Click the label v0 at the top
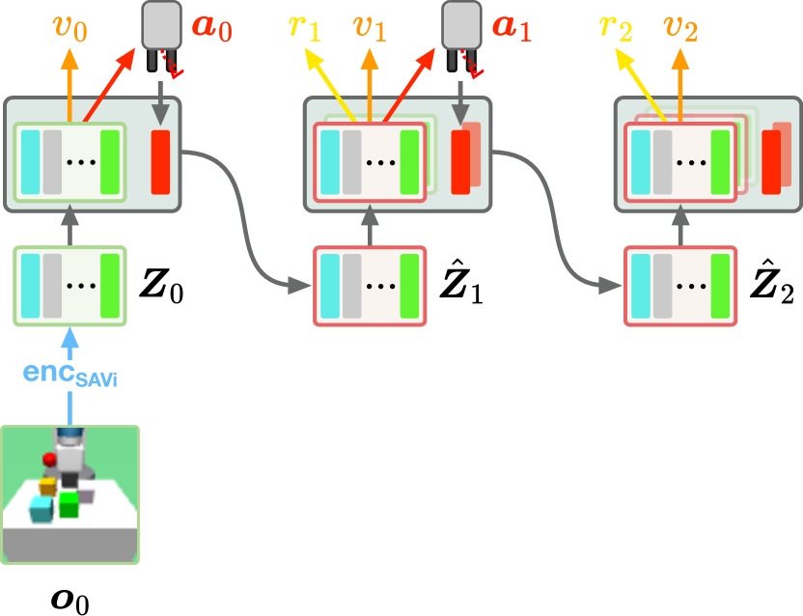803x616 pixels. (x=69, y=28)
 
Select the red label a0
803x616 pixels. (x=211, y=26)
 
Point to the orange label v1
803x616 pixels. (x=369, y=28)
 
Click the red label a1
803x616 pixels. (x=512, y=26)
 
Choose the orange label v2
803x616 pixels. (x=680, y=28)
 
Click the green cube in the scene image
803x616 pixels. (x=69, y=503)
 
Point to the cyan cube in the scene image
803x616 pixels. (x=42, y=508)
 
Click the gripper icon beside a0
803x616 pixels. (x=161, y=34)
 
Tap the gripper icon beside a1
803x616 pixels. (x=461, y=34)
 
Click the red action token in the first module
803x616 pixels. (x=160, y=161)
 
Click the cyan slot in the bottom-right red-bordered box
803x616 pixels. (x=641, y=286)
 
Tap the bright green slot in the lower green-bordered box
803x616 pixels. (x=110, y=286)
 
